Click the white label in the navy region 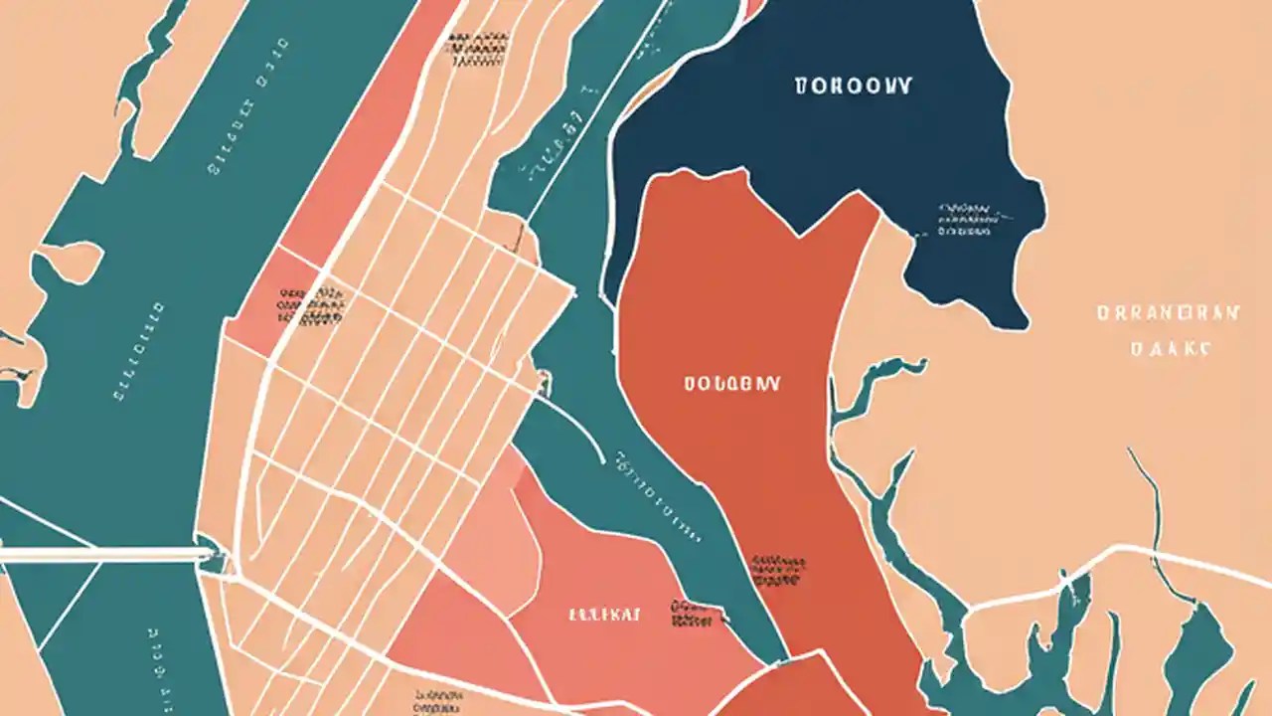click(854, 87)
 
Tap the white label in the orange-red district click(731, 383)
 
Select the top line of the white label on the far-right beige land click(1169, 313)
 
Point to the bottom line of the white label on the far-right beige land click(1172, 349)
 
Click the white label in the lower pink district click(605, 615)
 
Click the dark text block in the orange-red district click(778, 570)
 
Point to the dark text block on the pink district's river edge click(693, 613)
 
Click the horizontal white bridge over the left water click(99, 554)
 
